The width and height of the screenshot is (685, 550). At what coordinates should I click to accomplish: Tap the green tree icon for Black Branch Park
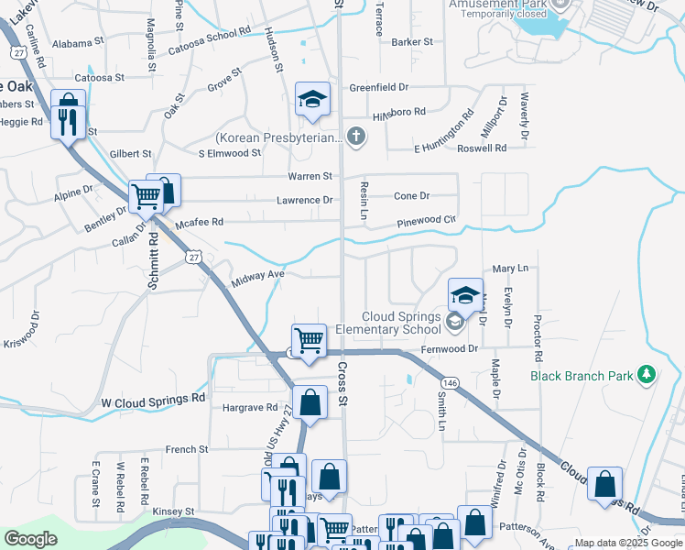[x=647, y=375]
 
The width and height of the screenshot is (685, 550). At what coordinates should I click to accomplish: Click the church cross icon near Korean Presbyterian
[x=357, y=138]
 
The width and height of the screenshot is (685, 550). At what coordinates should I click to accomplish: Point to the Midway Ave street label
[x=257, y=275]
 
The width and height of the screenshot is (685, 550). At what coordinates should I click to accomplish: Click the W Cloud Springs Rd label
[x=153, y=401]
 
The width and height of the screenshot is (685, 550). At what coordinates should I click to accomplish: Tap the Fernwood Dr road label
[x=450, y=349]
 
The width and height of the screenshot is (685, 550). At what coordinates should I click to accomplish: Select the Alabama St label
[x=78, y=43]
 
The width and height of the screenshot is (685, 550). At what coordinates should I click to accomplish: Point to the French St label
[x=188, y=450]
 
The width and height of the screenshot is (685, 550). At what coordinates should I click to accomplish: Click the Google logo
[x=31, y=539]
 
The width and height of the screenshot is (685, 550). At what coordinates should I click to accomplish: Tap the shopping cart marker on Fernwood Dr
[x=309, y=341]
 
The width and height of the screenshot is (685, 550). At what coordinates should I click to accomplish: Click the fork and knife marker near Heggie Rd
[x=68, y=123]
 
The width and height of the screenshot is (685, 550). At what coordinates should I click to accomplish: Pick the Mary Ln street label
[x=511, y=269]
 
